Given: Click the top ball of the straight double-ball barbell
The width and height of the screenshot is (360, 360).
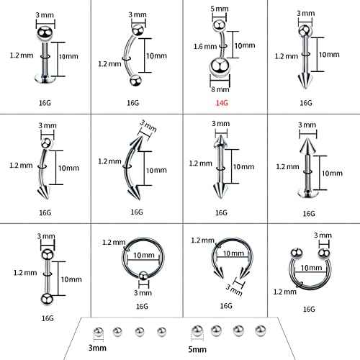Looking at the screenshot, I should (x=44, y=251).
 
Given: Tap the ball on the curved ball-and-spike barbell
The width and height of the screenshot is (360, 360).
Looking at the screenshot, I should (x=45, y=143).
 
